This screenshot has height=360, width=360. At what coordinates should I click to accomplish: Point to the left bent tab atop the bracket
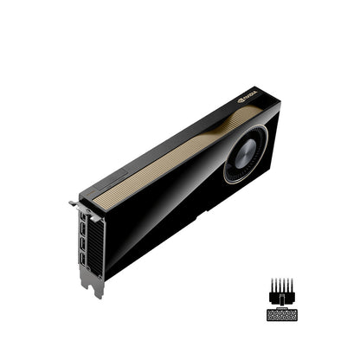[x=74, y=204]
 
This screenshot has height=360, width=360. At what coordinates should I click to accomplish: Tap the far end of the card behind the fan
[x=273, y=121]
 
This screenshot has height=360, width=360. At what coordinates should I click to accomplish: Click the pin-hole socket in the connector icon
[x=282, y=314]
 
